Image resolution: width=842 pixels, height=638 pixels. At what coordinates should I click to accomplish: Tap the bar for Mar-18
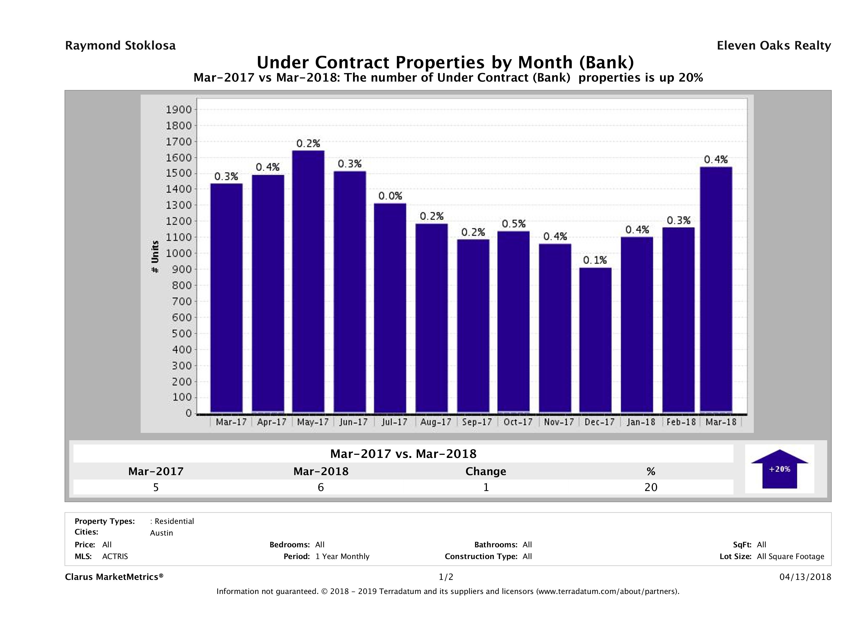[x=716, y=289]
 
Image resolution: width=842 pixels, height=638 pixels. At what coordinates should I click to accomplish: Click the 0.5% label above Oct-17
[x=513, y=224]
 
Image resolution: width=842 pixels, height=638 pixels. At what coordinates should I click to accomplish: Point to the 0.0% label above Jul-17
[x=390, y=196]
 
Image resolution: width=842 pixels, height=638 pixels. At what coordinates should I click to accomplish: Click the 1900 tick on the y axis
[x=178, y=110]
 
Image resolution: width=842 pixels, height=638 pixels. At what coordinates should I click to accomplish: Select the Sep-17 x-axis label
[x=476, y=422]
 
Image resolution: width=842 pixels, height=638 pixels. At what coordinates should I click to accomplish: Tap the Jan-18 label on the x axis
[x=641, y=422]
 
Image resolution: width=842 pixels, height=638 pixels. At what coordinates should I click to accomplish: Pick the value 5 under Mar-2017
[x=156, y=487]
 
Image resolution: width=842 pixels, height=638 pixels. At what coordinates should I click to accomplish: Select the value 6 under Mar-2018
[x=320, y=487]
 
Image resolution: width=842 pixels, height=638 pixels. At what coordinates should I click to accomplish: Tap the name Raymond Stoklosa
[x=120, y=46]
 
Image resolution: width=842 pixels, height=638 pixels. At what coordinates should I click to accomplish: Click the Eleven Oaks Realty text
[x=773, y=46]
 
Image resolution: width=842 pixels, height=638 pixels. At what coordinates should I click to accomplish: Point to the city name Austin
[x=162, y=533]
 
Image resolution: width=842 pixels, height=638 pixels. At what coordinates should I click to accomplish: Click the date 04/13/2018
[x=805, y=577]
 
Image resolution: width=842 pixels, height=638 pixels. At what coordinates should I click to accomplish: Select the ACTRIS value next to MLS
[x=115, y=557]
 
